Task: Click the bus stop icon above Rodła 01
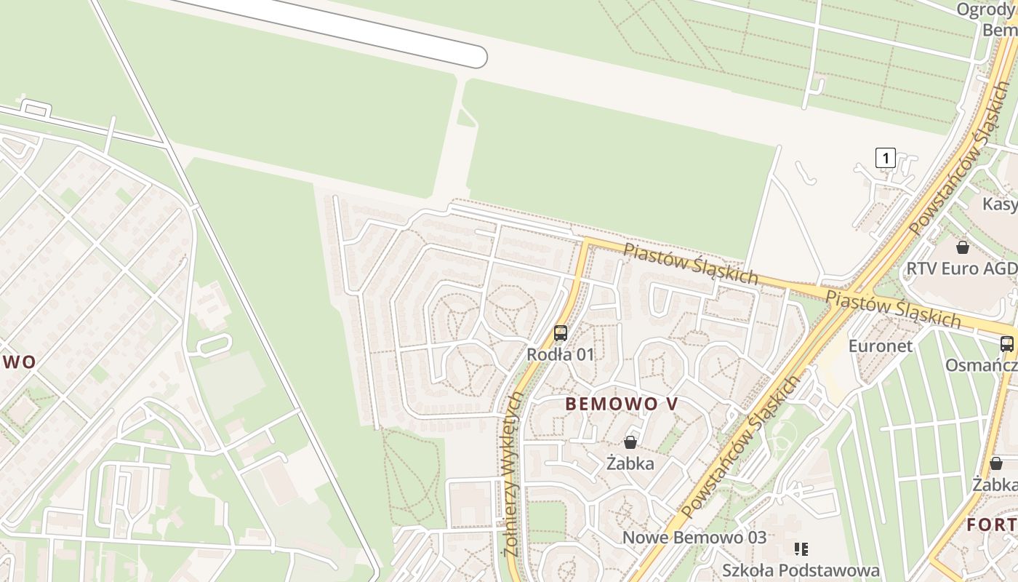(560, 333)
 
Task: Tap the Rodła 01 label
(561, 354)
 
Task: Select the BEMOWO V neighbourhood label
(621, 404)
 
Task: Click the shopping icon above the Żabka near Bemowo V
(630, 442)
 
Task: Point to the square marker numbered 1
(885, 157)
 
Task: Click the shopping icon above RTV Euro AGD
(963, 247)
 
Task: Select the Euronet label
(881, 346)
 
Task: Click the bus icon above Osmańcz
(1007, 344)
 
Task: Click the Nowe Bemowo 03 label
(694, 538)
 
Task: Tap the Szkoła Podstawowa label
(801, 570)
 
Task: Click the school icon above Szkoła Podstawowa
(801, 549)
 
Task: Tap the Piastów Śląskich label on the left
(691, 263)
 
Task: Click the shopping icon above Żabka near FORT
(996, 463)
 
